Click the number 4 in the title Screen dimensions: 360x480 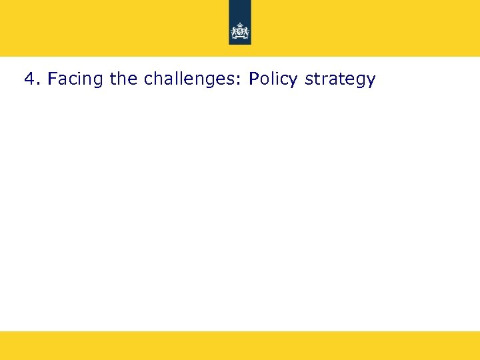[x=29, y=79]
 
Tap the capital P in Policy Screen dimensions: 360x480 [x=253, y=79]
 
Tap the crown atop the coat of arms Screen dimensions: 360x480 [x=240, y=25]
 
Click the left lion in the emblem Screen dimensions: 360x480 [x=235, y=31]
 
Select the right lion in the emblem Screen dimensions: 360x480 [x=245, y=31]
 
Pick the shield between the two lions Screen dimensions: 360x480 [x=240, y=31]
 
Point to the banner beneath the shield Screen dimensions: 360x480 [x=240, y=37]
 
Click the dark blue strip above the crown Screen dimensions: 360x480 [x=240, y=10]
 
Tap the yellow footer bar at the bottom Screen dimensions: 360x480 [x=240, y=345]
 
